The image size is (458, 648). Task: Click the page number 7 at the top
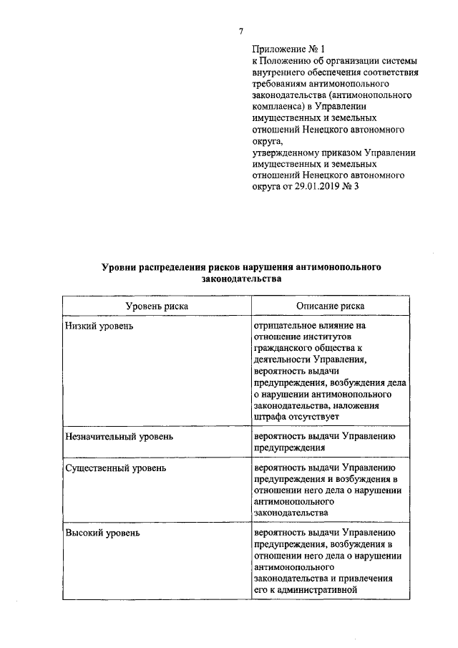tap(241, 30)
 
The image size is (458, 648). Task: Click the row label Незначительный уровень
tap(119, 435)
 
